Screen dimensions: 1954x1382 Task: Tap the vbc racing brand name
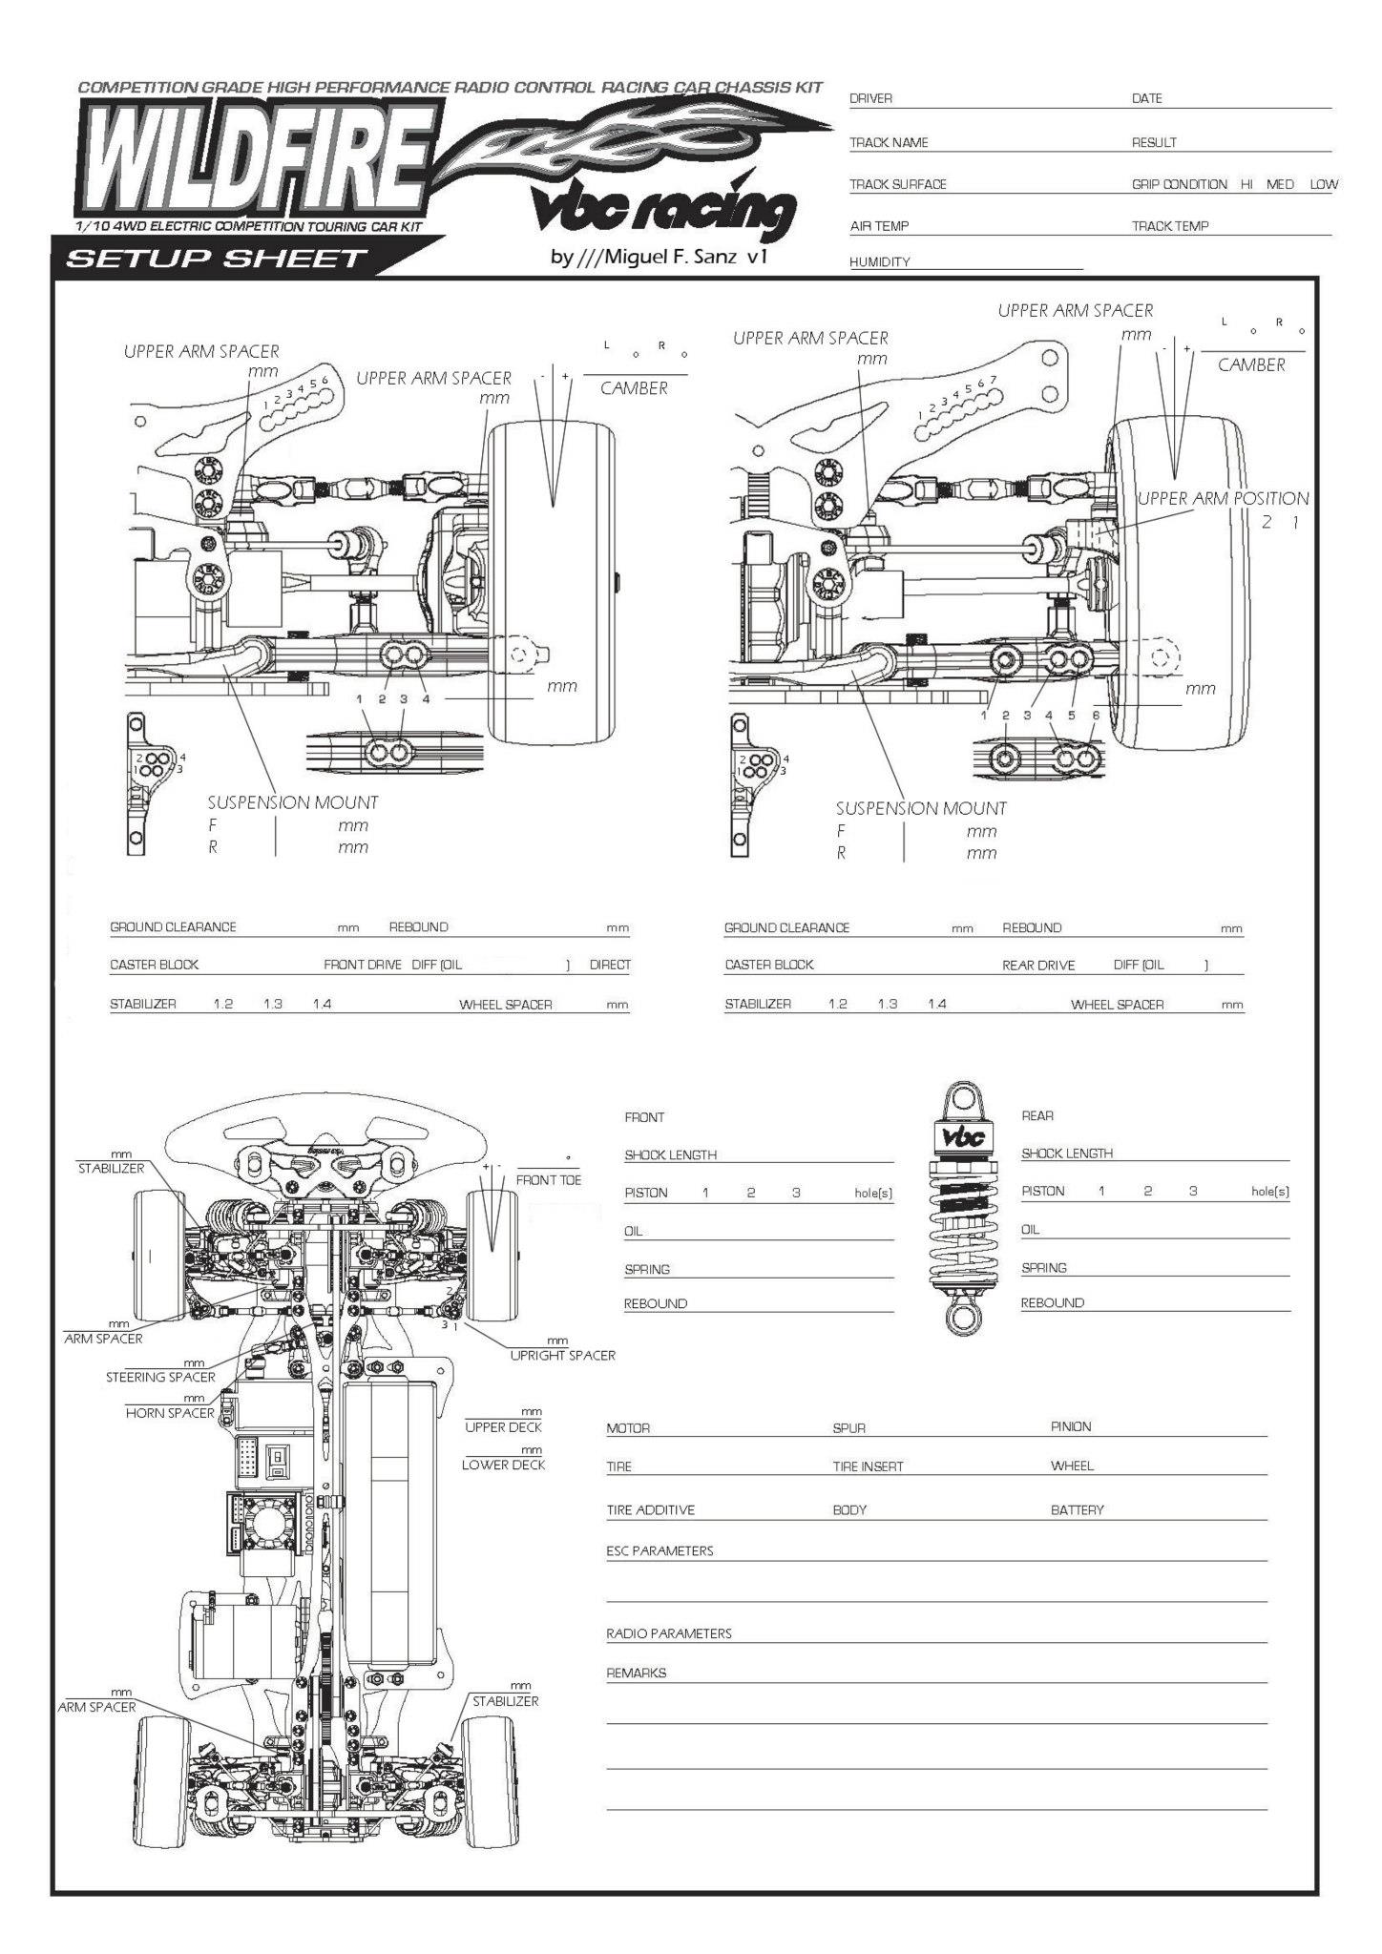[664, 212]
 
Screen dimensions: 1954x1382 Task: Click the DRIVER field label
[870, 99]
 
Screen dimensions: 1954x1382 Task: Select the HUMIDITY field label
[879, 262]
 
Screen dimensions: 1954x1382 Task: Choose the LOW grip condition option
[1324, 184]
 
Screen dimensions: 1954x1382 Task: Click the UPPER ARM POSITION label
[1223, 499]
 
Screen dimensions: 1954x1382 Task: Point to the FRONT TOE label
[548, 1180]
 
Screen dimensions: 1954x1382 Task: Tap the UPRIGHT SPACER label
[562, 1355]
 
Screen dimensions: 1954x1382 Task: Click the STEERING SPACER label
[160, 1377]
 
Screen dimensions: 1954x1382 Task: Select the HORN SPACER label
[170, 1413]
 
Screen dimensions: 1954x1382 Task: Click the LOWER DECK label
[503, 1465]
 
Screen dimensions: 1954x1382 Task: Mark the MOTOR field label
[628, 1428]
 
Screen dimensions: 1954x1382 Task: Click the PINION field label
[1071, 1426]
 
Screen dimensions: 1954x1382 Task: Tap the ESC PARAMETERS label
[660, 1550]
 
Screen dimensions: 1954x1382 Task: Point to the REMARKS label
[636, 1673]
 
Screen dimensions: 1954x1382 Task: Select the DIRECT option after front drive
[610, 965]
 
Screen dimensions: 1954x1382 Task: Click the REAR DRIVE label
[1038, 966]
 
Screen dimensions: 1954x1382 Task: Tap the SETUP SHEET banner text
[216, 259]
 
